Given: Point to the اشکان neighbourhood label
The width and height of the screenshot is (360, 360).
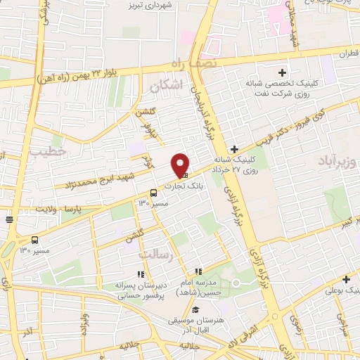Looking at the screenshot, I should point(166,84).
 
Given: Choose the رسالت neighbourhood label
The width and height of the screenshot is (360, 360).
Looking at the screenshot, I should point(155,254).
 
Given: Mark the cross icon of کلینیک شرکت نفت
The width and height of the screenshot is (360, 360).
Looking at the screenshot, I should point(283,73).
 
